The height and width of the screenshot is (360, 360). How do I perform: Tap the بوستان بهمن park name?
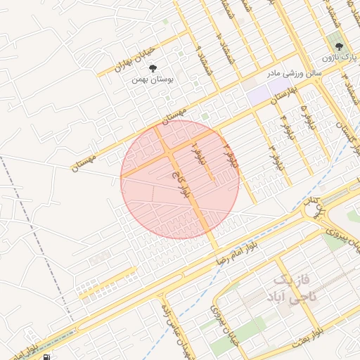[155, 79]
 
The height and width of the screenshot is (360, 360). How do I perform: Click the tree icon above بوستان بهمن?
[153, 68]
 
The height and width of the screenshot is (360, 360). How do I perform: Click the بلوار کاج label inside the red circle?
[179, 184]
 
